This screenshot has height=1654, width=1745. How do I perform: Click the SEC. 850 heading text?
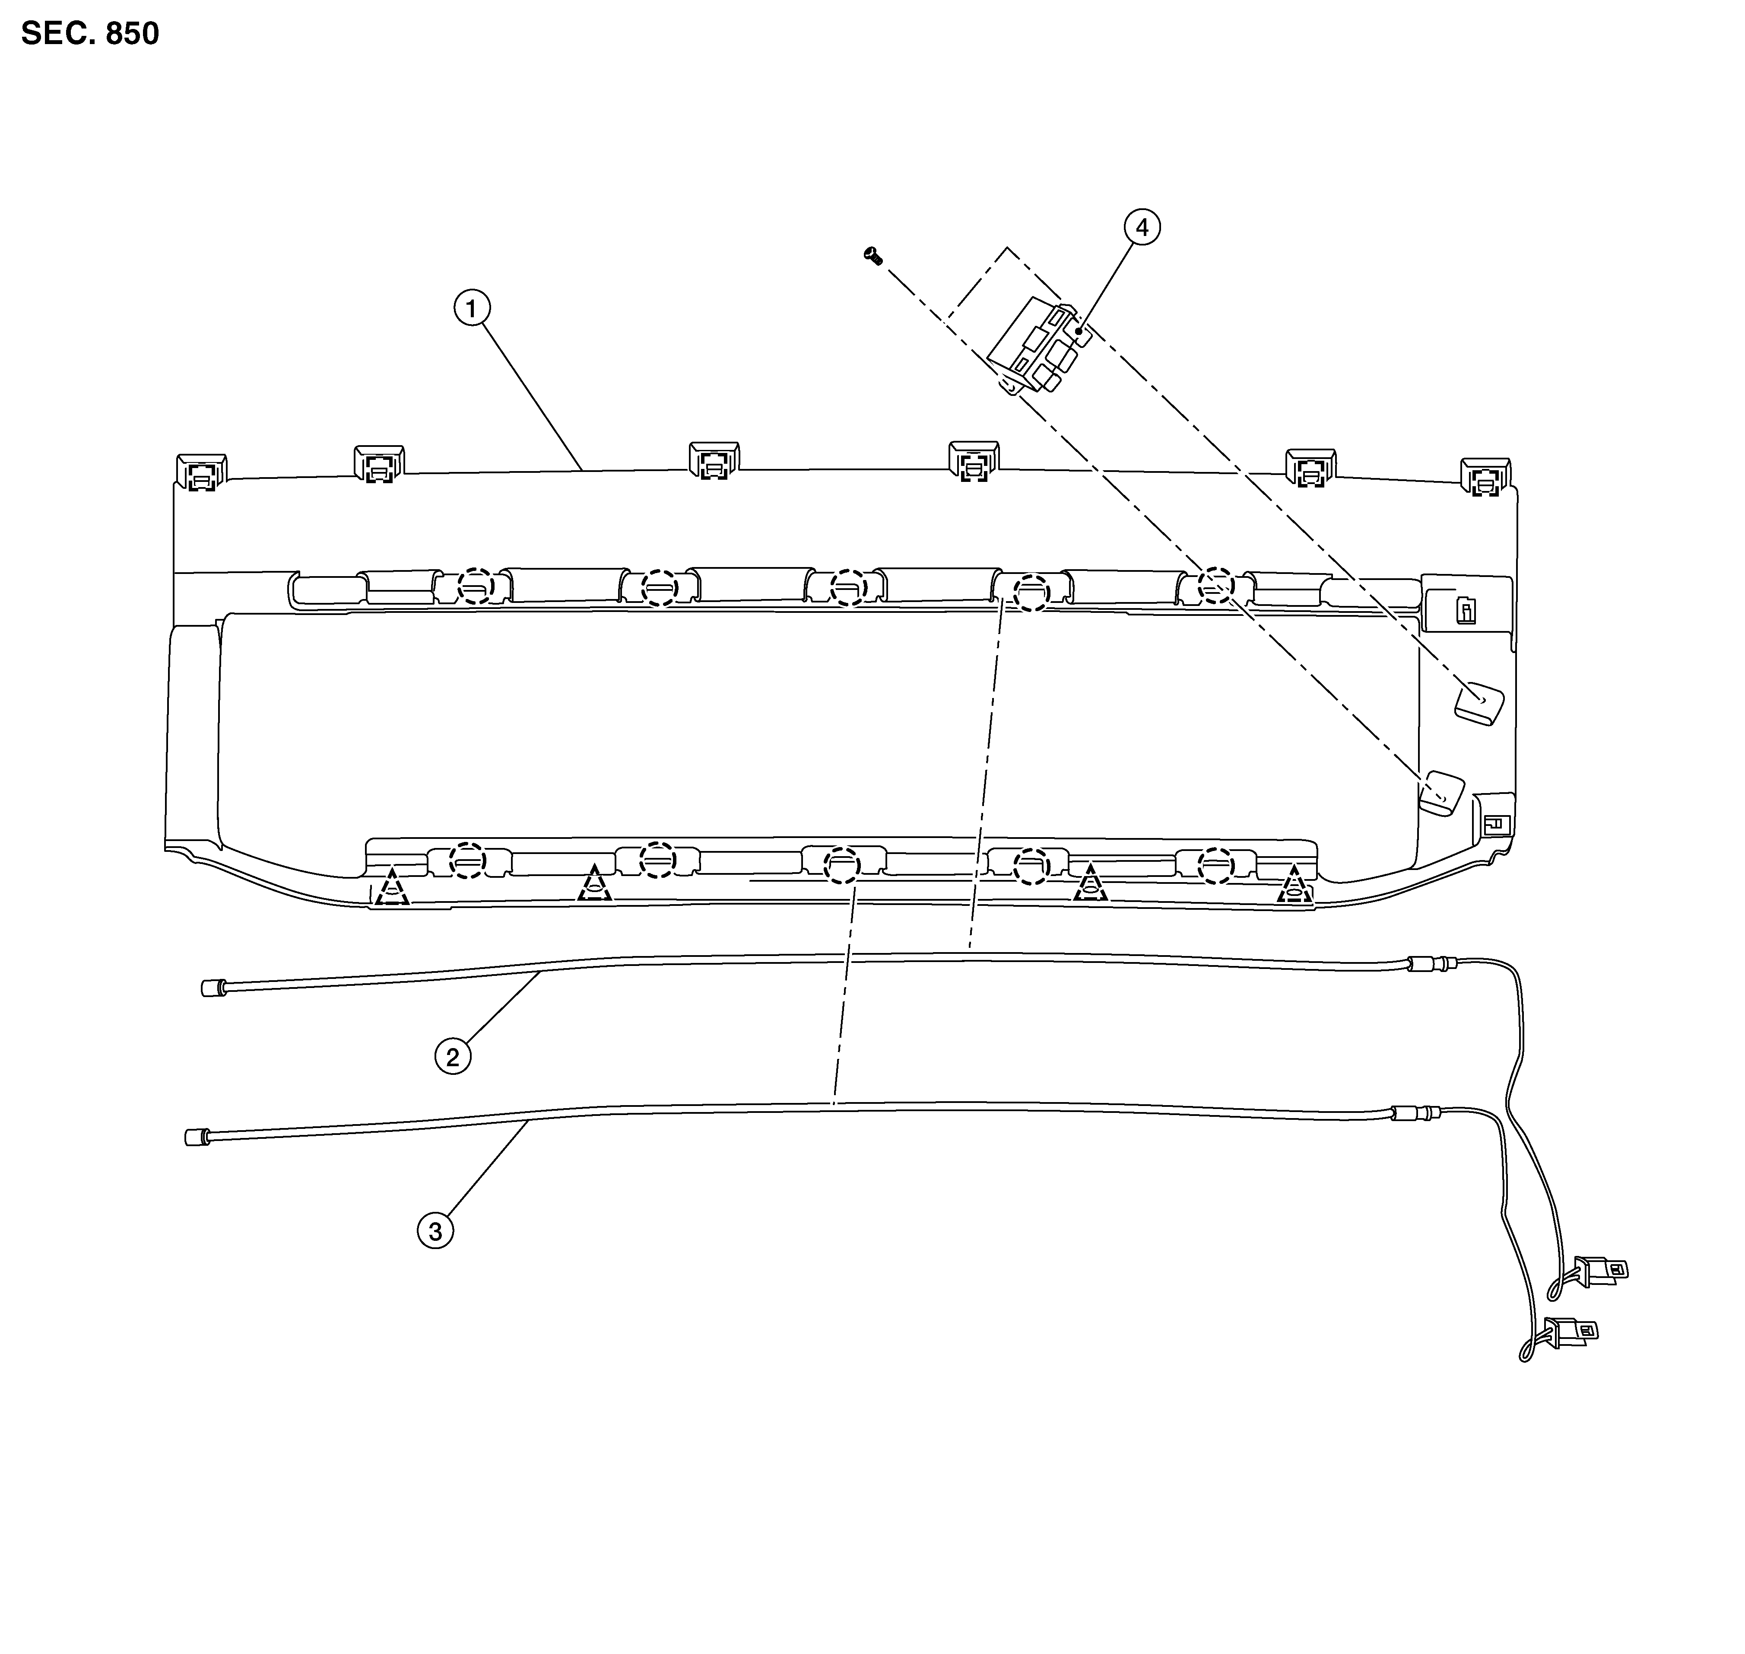90,34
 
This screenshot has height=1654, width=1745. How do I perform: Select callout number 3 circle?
435,1232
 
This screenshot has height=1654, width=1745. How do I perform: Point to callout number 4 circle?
1142,227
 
